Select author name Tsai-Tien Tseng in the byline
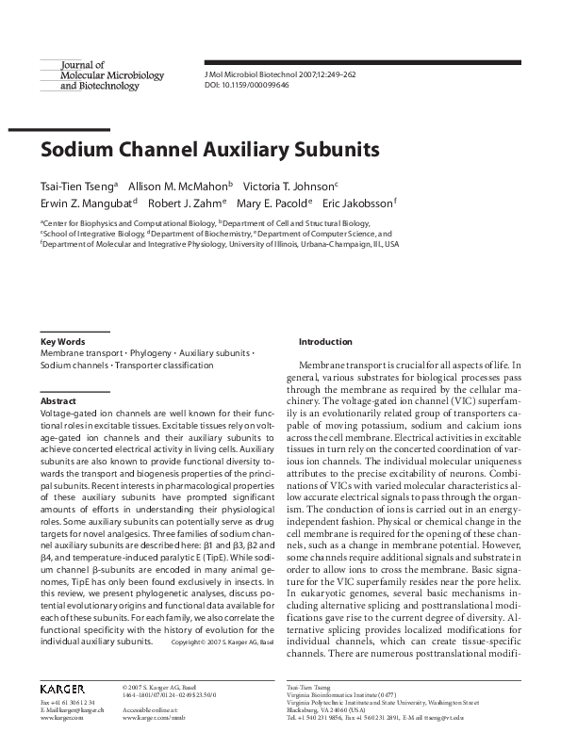pos(77,186)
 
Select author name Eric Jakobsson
pos(357,203)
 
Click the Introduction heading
pos(325,342)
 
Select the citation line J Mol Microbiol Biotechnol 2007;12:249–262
pos(280,74)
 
